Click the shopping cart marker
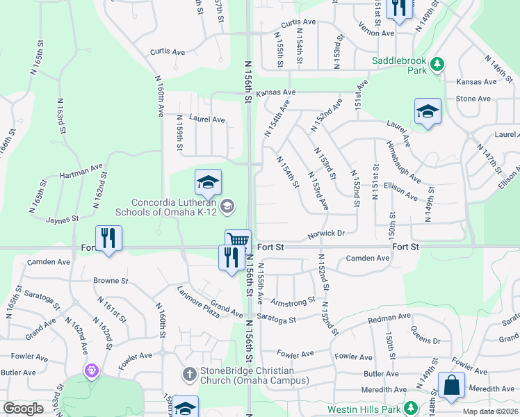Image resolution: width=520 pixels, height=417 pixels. [238, 241]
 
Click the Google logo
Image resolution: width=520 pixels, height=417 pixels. [24, 409]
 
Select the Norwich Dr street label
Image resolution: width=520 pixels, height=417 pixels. [326, 234]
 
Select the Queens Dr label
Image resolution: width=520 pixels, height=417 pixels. [425, 336]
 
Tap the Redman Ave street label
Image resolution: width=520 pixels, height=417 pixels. [389, 318]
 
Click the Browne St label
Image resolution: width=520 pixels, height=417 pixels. [111, 281]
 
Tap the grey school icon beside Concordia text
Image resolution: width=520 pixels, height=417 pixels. [227, 206]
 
